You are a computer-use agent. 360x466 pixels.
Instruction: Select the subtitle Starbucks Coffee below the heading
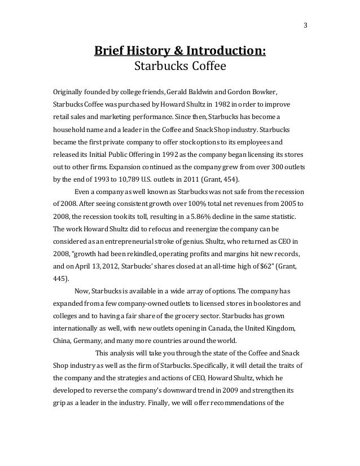tap(179, 69)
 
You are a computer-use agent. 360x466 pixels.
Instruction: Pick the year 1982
tap(224, 105)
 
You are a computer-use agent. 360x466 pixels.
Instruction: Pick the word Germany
tap(86, 341)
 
